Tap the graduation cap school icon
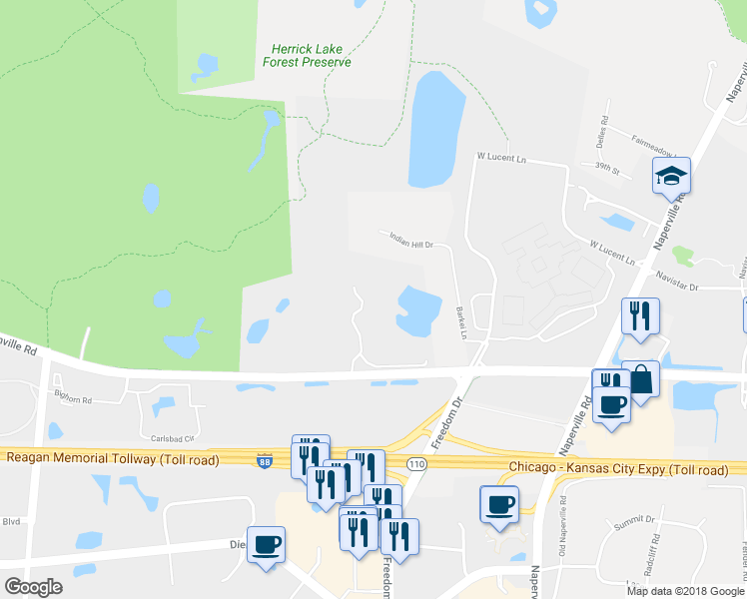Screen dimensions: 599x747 pos(671,178)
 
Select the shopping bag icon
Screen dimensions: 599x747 pos(640,380)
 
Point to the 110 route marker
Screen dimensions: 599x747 pos(417,465)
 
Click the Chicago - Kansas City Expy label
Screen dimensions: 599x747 pos(617,468)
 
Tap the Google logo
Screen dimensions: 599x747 pos(33,587)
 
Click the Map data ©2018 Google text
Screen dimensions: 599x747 pos(684,591)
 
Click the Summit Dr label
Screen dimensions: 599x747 pos(635,520)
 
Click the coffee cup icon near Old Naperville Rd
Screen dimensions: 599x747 pos(498,504)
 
